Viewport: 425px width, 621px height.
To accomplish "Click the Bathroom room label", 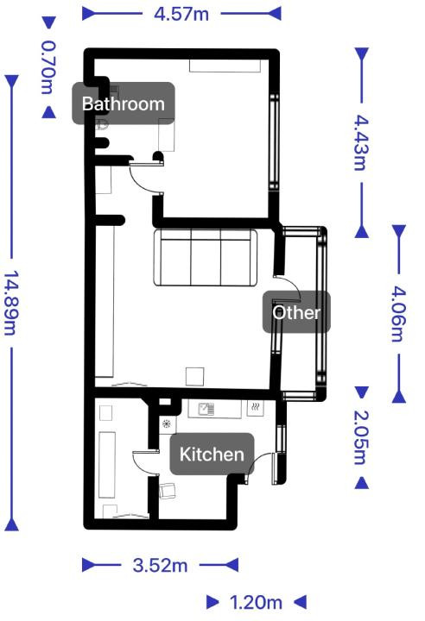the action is point(123,103).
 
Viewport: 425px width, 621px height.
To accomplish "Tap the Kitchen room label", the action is point(212,454).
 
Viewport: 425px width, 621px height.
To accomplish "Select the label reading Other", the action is point(296,312).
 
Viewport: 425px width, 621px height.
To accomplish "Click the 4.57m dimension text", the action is point(181,15).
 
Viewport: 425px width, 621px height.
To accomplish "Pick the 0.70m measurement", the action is point(48,67).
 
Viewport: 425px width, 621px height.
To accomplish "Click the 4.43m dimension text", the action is point(361,142).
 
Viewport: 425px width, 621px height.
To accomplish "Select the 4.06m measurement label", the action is point(399,314).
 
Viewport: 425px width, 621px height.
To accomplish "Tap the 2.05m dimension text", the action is point(361,437).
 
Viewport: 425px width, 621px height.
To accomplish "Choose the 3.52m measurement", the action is point(160,565).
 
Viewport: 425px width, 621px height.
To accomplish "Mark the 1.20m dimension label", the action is point(256,602).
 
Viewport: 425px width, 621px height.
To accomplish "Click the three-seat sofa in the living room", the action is point(206,257).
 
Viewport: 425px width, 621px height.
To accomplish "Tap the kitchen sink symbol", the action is point(206,408).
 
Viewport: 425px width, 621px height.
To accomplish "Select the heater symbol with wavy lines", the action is point(256,407).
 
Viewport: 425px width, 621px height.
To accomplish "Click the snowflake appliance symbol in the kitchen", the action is point(167,423).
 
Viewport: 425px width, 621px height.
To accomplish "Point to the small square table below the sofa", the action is point(195,377).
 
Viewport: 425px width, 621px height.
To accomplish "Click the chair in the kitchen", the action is point(168,491).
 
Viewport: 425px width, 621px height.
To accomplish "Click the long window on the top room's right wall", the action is point(274,141).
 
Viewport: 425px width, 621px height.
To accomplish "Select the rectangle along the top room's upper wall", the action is point(225,66).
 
